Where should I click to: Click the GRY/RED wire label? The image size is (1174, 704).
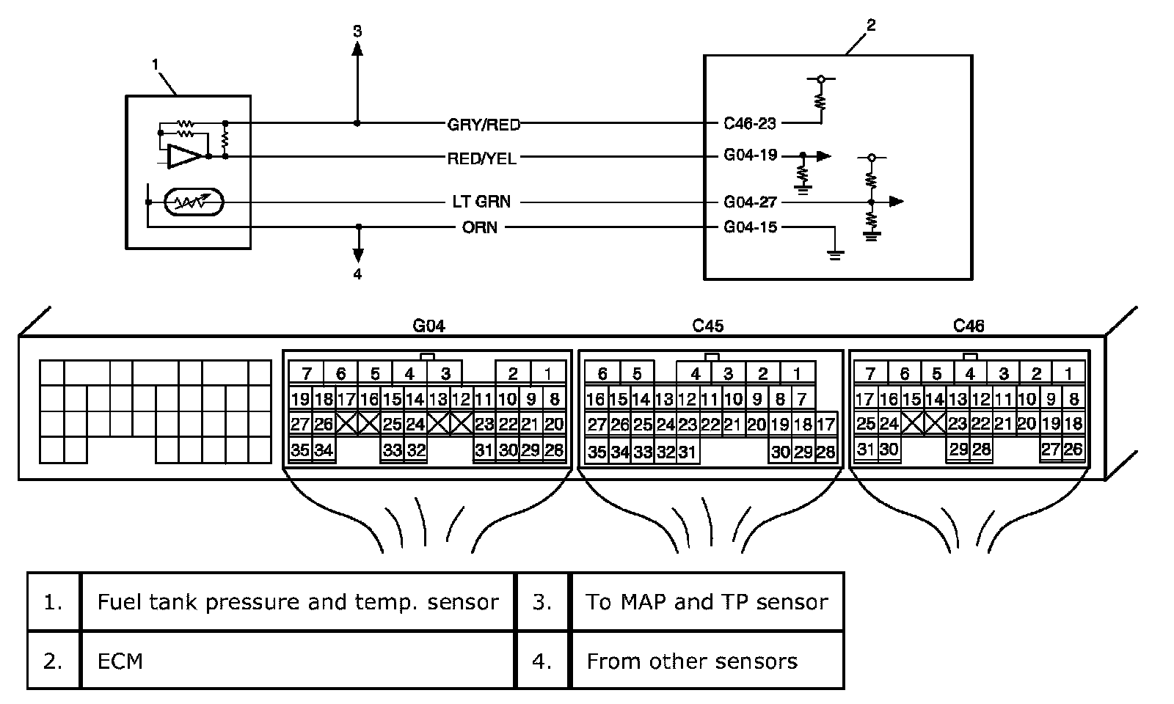pyautogui.click(x=484, y=125)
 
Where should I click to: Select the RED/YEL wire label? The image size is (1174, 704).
pyautogui.click(x=481, y=158)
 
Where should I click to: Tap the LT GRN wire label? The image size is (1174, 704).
pyautogui.click(x=481, y=202)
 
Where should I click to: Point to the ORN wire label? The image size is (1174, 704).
pyautogui.click(x=480, y=227)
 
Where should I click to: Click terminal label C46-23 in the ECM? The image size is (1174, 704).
pyautogui.click(x=749, y=124)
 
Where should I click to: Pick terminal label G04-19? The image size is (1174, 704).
pyautogui.click(x=750, y=155)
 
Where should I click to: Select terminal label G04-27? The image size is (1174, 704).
pyautogui.click(x=750, y=202)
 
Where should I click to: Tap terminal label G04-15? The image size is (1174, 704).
pyautogui.click(x=750, y=227)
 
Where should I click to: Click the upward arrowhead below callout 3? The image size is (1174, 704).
pyautogui.click(x=357, y=48)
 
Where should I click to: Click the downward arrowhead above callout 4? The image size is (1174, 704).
pyautogui.click(x=358, y=256)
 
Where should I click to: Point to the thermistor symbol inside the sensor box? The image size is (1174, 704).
pyautogui.click(x=194, y=202)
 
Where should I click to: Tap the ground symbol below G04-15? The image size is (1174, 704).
pyautogui.click(x=836, y=256)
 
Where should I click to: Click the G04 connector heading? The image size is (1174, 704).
pyautogui.click(x=429, y=326)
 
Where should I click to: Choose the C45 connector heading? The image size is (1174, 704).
pyautogui.click(x=707, y=326)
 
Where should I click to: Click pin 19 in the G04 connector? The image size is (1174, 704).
pyautogui.click(x=300, y=399)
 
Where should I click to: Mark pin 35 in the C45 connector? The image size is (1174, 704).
pyautogui.click(x=597, y=452)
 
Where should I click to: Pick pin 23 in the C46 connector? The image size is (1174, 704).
pyautogui.click(x=958, y=423)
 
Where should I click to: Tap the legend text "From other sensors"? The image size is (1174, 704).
pyautogui.click(x=692, y=661)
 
